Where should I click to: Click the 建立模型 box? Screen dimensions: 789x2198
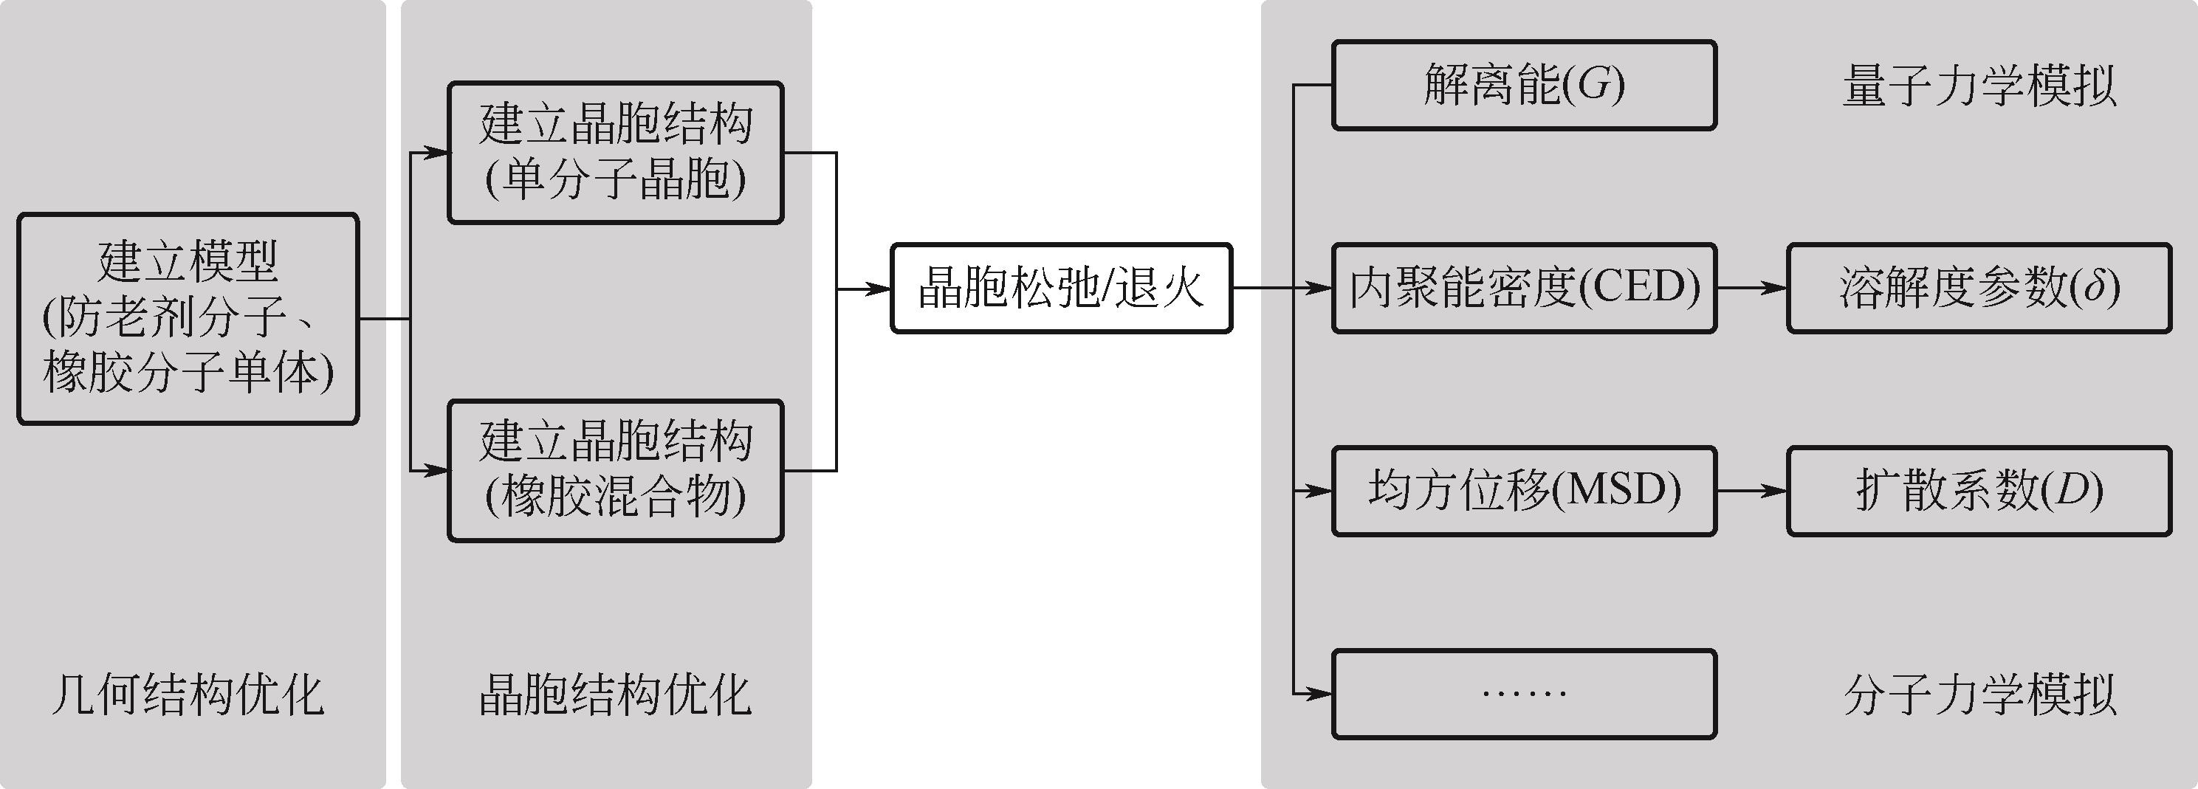188,318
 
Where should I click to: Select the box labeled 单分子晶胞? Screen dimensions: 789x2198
615,153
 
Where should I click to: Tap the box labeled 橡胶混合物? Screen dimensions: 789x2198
615,470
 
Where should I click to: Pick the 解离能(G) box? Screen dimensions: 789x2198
1524,86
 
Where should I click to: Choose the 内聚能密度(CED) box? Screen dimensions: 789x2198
1524,289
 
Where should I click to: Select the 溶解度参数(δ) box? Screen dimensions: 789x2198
1979,289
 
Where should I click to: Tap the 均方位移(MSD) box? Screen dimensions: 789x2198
1524,492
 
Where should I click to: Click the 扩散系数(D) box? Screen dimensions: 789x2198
1979,492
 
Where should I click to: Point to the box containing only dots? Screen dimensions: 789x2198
1524,694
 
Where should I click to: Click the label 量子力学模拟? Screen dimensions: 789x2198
1979,86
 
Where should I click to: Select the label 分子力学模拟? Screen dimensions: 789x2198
1979,695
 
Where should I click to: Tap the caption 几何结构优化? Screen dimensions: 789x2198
188,695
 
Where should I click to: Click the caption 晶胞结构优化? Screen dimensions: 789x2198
614,695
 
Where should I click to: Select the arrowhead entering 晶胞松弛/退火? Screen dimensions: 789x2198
879,289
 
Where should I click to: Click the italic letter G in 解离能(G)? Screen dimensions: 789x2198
1592,86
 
